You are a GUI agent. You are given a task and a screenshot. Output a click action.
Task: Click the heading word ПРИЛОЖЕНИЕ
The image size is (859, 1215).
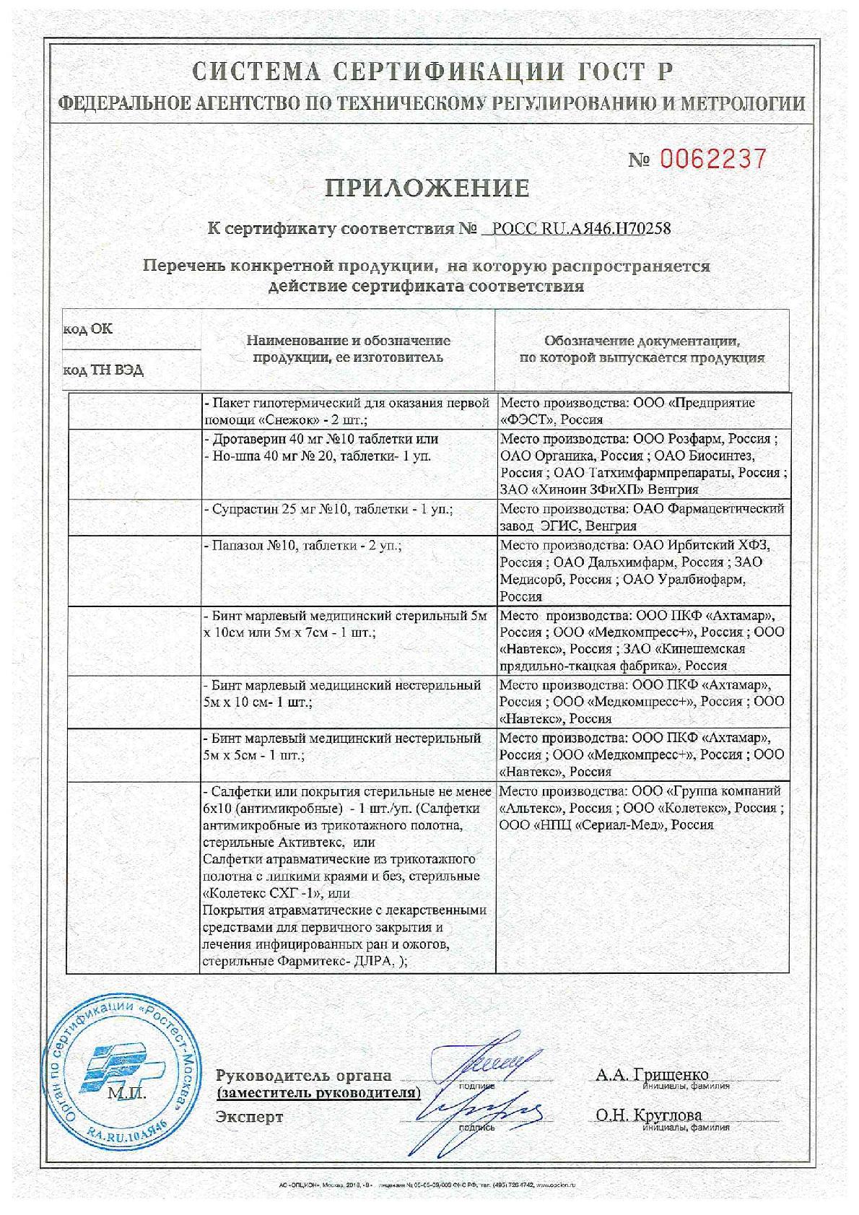click(427, 188)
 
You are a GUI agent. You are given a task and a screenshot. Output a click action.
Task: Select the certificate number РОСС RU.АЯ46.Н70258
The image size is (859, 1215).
click(580, 229)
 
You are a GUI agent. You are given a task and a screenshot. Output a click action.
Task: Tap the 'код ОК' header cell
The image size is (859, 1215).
click(89, 329)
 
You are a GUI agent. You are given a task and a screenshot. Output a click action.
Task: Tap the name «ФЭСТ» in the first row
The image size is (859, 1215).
click(526, 419)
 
